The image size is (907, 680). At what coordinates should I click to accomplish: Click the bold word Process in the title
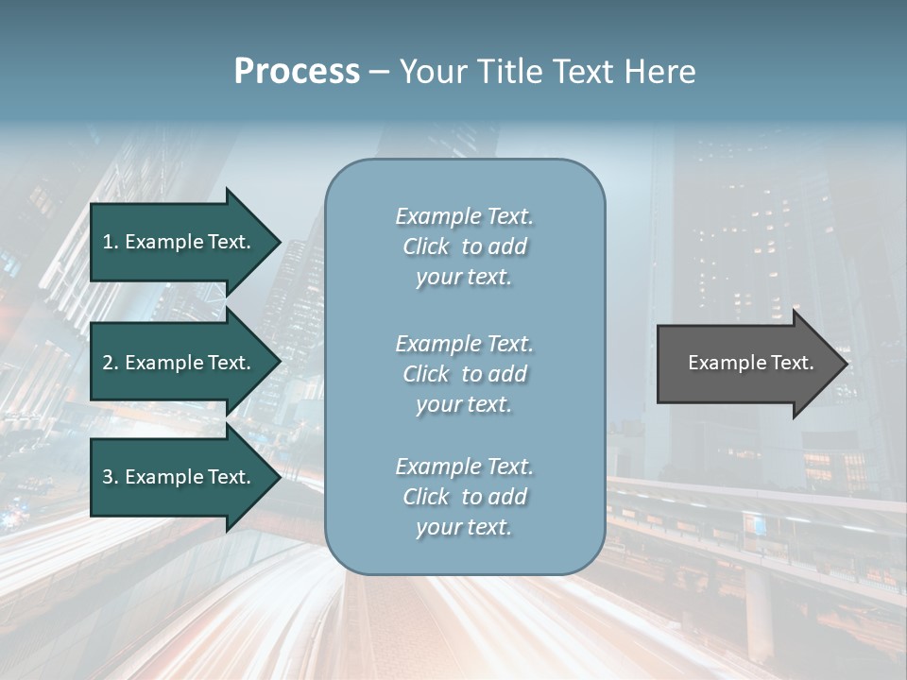click(x=297, y=72)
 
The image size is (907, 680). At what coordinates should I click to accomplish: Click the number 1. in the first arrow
click(x=111, y=242)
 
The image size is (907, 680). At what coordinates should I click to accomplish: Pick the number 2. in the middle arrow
click(x=111, y=363)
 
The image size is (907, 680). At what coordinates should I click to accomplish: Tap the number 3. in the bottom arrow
click(x=111, y=477)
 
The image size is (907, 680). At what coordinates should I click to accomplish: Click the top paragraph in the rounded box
click(x=464, y=246)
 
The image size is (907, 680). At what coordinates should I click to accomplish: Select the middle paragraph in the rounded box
click(x=464, y=374)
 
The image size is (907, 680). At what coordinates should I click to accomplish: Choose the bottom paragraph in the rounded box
click(x=464, y=497)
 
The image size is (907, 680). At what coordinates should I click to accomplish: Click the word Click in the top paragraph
click(x=426, y=246)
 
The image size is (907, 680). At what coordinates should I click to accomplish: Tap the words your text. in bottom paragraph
click(x=464, y=527)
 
